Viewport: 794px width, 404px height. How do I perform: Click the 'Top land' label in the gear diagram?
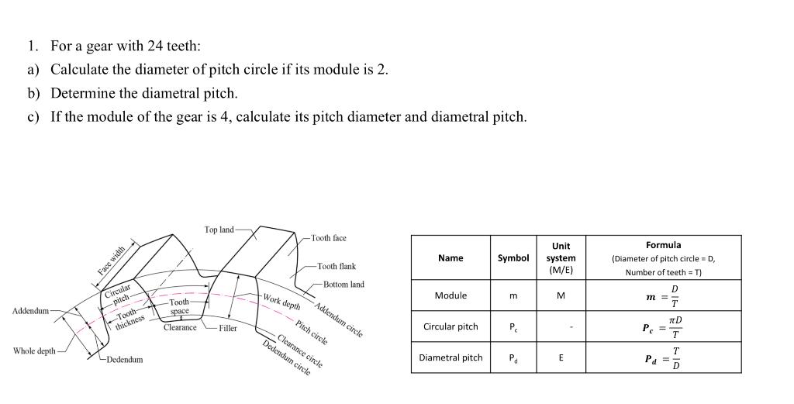pyautogui.click(x=219, y=230)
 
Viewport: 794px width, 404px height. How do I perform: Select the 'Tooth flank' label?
pyautogui.click(x=337, y=266)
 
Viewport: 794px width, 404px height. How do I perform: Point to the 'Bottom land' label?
pyautogui.click(x=343, y=285)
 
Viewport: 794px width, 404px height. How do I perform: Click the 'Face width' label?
pyautogui.click(x=111, y=260)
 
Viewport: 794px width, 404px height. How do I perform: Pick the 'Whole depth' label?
pyautogui.click(x=33, y=351)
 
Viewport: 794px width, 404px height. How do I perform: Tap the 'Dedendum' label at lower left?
pyautogui.click(x=125, y=360)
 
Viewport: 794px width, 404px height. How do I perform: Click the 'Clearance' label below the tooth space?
pyautogui.click(x=180, y=328)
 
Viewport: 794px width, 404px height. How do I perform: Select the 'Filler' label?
pyautogui.click(x=228, y=329)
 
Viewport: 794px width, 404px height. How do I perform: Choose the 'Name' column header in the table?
pyautogui.click(x=451, y=258)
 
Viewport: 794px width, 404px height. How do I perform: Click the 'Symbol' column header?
pyautogui.click(x=513, y=258)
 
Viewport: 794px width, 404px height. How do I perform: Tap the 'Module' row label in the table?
pyautogui.click(x=451, y=295)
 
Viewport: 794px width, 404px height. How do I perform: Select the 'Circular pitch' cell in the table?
pyautogui.click(x=451, y=326)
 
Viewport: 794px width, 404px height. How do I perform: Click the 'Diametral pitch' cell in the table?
pyautogui.click(x=451, y=357)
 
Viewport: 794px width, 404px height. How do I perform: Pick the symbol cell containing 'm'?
pyautogui.click(x=513, y=295)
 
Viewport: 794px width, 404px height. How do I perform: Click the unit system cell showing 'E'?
pyautogui.click(x=561, y=357)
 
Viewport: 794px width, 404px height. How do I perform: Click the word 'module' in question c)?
pyautogui.click(x=109, y=117)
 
